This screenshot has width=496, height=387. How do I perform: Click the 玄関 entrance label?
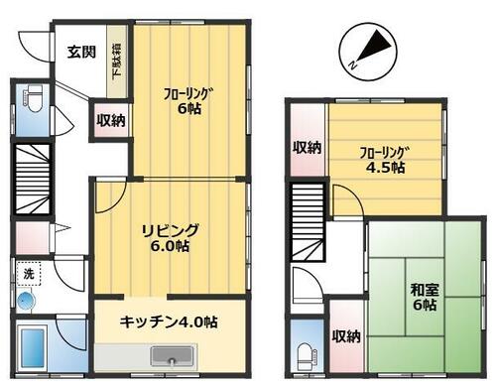pos(81,52)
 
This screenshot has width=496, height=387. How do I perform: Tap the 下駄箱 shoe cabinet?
pos(117,62)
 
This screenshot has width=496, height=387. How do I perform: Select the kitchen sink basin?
pos(172,356)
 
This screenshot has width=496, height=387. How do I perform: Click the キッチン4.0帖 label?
pos(169,322)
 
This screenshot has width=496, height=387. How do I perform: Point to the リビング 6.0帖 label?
pos(171,238)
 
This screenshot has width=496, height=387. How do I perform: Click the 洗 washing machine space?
pos(29,274)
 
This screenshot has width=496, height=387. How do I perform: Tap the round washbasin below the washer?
pos(26,301)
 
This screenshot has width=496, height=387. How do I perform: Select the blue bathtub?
pos(32,347)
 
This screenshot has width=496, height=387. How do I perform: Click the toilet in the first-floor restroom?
pos(33,98)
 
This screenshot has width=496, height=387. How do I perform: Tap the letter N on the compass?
pos(353,65)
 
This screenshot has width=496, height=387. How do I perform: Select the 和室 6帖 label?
pos(425,297)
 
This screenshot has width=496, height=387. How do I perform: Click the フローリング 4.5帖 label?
pos(382,160)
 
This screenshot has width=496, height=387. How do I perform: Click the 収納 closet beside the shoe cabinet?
pos(111,120)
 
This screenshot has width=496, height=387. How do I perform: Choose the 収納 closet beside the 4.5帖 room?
pos(308,140)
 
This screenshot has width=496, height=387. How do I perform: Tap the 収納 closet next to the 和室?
pos(346,336)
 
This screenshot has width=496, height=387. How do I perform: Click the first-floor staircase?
pos(33,179)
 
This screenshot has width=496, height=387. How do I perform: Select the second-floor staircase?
pos(308,220)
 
